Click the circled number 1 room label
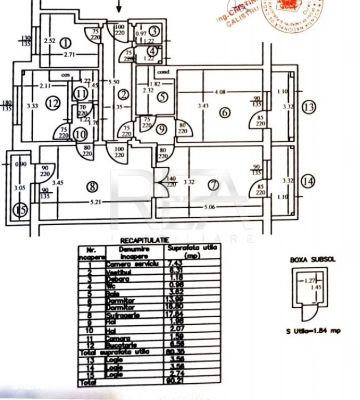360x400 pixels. pyautogui.click(x=66, y=43)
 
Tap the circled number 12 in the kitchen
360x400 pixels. pyautogui.click(x=52, y=103)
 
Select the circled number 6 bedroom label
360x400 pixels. pyautogui.click(x=225, y=112)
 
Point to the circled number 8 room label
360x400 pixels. pyautogui.click(x=93, y=186)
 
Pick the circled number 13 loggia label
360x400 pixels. pyautogui.click(x=308, y=108)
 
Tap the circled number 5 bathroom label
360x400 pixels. pyautogui.click(x=163, y=96)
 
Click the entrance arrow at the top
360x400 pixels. pyautogui.click(x=119, y=6)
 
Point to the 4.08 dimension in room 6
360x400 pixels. pyautogui.click(x=221, y=93)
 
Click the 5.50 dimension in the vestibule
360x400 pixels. pyautogui.click(x=113, y=82)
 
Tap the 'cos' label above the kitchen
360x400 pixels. pyautogui.click(x=65, y=74)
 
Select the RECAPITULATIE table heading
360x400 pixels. pyautogui.click(x=144, y=241)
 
